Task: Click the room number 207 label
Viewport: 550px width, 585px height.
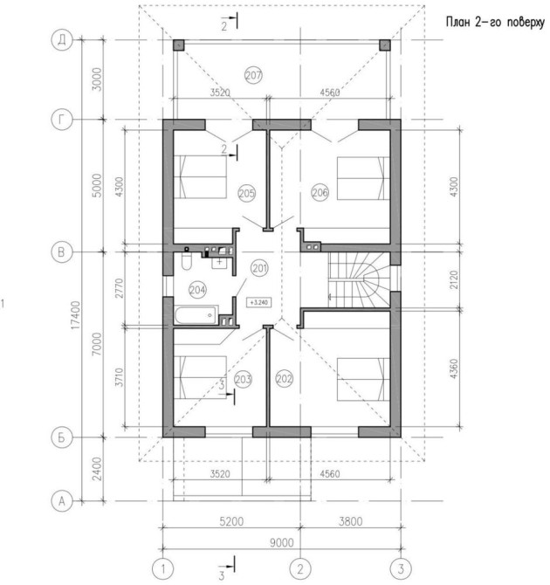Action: pos(253,75)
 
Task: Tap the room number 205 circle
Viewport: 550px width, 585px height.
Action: pos(247,193)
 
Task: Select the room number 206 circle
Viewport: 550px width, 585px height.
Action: pos(320,192)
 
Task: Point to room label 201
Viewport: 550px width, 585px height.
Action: pos(259,268)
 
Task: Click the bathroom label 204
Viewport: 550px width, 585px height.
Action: pos(197,290)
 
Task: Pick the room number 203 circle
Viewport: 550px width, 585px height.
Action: pos(243,380)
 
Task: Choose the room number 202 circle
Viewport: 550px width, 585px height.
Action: pos(285,379)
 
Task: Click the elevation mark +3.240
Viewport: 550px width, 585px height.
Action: pos(259,302)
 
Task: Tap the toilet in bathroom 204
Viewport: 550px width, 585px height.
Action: pos(186,260)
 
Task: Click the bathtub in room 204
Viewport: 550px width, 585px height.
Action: pos(196,315)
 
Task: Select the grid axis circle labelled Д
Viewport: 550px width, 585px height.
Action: pos(62,40)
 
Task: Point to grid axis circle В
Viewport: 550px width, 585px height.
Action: pos(62,251)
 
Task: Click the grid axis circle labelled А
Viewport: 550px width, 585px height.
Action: pos(62,501)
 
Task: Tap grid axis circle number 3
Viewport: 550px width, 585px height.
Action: pos(401,569)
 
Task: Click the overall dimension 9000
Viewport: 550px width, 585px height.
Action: pos(282,542)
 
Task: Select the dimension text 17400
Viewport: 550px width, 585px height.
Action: pos(76,315)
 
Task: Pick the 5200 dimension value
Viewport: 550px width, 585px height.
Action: pos(231,521)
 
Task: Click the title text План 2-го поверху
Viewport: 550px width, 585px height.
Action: pos(495,22)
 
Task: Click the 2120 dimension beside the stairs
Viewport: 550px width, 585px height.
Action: pos(454,279)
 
